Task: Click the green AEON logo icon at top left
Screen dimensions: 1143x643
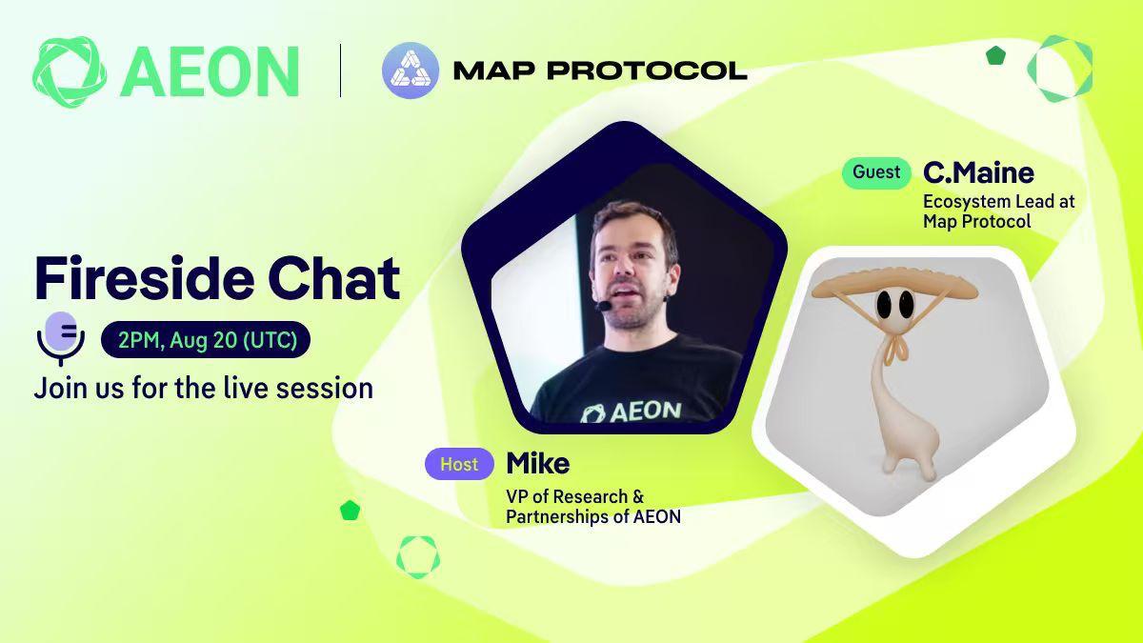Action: tap(70, 72)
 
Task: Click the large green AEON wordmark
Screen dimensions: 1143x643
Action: tap(210, 72)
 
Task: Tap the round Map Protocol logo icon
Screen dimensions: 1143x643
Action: tap(411, 70)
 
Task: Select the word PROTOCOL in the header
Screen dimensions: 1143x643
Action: tap(647, 70)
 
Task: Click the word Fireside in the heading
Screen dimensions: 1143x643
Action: tap(145, 278)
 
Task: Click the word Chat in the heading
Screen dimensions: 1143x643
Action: tap(334, 278)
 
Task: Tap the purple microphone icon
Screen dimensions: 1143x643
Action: tap(61, 338)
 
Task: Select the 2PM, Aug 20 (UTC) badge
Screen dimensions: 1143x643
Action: tap(206, 339)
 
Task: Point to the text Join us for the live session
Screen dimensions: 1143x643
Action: tap(204, 389)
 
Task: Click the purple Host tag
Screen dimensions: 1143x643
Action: tap(459, 464)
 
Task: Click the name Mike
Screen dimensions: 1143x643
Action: tap(538, 463)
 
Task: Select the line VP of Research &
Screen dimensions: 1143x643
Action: tap(575, 496)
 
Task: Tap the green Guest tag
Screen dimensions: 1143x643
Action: tap(876, 172)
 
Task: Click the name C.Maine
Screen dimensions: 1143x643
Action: tap(979, 173)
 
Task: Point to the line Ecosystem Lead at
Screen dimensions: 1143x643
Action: tap(999, 202)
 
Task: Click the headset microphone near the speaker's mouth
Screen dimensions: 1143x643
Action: tap(604, 306)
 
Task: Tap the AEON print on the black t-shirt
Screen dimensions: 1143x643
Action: tap(632, 412)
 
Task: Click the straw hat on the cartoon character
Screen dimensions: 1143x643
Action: tap(894, 284)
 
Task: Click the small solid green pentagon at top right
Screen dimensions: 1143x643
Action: tap(995, 55)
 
